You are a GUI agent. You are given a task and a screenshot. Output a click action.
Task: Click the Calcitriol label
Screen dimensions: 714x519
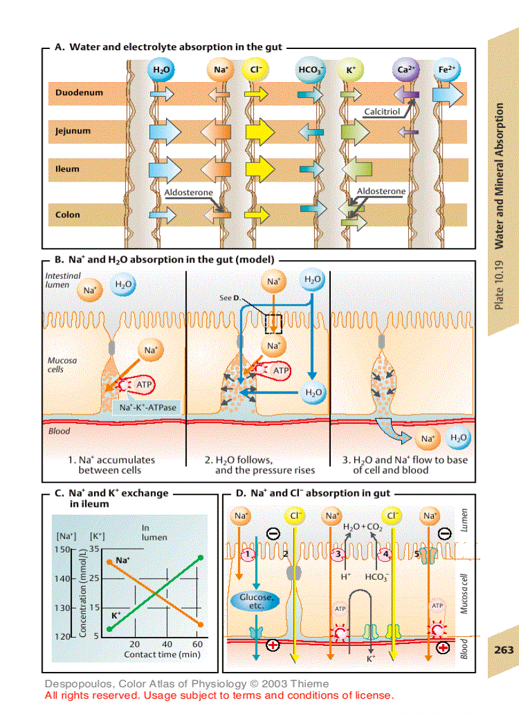point(382,112)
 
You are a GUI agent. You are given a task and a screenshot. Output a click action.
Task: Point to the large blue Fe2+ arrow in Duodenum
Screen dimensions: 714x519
point(448,94)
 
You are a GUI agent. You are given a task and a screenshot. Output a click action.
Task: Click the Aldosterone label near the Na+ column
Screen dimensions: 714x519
point(188,192)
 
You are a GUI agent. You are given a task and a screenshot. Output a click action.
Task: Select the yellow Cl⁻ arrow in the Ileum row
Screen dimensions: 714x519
point(259,169)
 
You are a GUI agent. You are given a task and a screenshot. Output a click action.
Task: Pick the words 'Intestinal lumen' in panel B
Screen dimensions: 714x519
point(63,280)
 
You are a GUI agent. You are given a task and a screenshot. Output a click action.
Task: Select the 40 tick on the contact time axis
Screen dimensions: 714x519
point(167,644)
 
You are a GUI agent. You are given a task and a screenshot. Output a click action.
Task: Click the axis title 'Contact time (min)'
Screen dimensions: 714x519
point(162,654)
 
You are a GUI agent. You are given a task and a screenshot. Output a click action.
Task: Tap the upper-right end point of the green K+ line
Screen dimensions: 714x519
point(200,558)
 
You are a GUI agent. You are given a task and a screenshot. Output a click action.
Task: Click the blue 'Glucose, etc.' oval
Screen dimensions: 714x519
point(256,601)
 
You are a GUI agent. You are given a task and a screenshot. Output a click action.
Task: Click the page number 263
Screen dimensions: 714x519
point(504,650)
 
